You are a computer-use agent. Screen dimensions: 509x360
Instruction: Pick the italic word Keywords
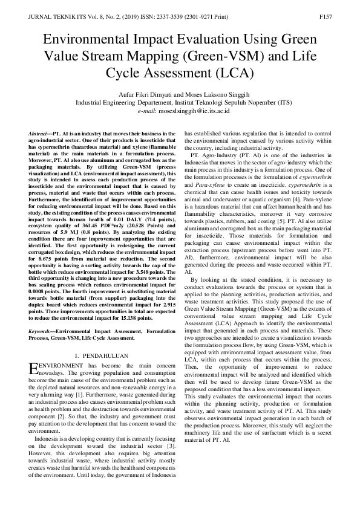coord(41,331)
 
